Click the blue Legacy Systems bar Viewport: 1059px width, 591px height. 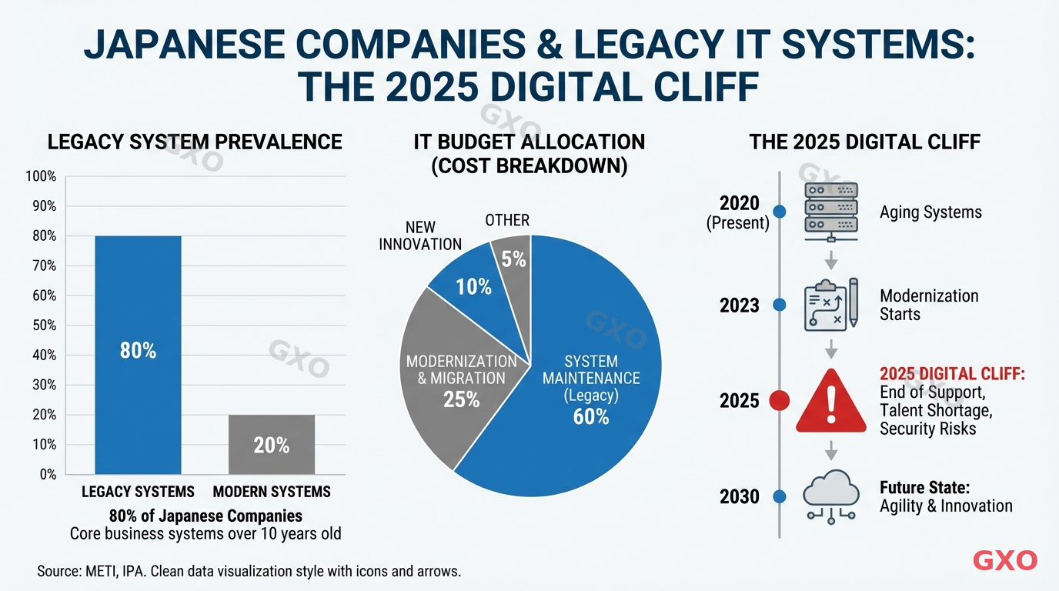138,354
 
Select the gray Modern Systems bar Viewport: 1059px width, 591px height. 272,444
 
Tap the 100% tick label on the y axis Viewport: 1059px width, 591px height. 41,176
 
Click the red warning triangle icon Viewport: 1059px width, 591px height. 830,400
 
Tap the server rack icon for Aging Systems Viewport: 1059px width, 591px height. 830,208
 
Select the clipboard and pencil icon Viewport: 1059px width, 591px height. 830,305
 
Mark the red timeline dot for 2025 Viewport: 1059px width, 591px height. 780,401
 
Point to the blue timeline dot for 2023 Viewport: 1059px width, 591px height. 780,306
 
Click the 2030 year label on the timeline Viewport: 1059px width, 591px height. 739,497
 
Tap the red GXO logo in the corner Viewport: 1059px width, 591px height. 1005,560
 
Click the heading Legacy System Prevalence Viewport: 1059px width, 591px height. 195,142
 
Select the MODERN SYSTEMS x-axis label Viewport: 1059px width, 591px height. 272,492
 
